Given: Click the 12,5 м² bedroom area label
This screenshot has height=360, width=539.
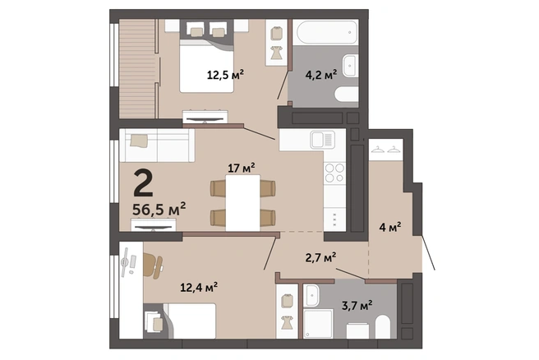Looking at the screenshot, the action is tap(225, 74).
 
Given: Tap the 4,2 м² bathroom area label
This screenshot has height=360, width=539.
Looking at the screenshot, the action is tap(321, 74).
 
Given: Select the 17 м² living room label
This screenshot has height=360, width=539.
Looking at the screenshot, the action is tap(242, 168).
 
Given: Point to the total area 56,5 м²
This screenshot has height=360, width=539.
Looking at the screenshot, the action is tap(159, 209).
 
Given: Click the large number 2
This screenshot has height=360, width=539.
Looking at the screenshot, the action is tap(143, 182).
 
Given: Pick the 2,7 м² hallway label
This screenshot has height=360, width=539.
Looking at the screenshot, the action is tap(320, 257).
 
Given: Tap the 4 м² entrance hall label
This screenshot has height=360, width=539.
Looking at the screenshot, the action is tap(389, 227).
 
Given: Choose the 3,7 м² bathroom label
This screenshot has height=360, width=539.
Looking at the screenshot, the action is tap(357, 305).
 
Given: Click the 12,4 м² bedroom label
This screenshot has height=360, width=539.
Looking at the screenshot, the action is tap(199, 287).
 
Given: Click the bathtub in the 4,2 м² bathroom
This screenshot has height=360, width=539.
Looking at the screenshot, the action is tap(327, 32).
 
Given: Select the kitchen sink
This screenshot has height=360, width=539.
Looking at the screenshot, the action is tap(322, 140).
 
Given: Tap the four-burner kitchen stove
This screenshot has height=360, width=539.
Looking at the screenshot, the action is tap(334, 173).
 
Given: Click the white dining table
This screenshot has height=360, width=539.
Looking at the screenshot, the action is tap(242, 203).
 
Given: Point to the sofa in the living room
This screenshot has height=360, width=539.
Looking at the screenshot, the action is tap(157, 145).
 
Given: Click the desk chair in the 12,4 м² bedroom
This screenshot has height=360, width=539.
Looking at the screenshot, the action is tap(153, 265).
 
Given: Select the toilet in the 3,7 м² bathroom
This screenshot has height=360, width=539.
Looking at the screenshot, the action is tap(383, 326).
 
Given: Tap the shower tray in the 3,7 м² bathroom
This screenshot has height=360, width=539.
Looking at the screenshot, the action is tap(318, 324).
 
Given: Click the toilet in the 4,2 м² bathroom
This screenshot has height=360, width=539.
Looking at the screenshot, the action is tap(347, 94).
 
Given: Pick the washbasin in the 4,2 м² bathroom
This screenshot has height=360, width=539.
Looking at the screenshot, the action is tap(351, 65).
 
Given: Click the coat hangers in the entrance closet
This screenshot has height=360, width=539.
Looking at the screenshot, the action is tap(385, 150).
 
